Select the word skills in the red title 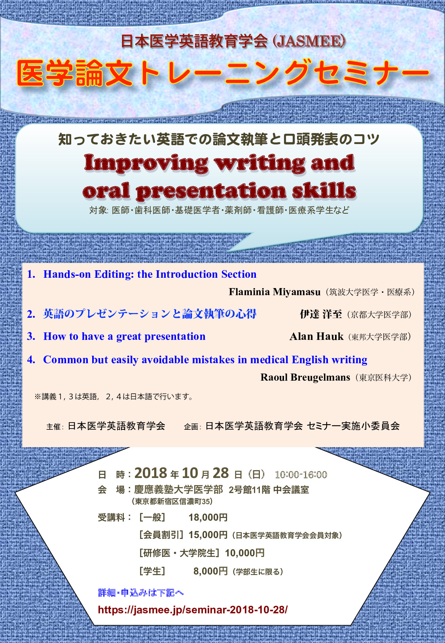pyautogui.click(x=324, y=190)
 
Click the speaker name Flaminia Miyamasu pyautogui.click(x=275, y=292)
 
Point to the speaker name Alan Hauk pyautogui.click(x=316, y=336)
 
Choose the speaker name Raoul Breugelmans pyautogui.click(x=305, y=377)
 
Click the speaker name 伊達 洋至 pyautogui.click(x=321, y=314)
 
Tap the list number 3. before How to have pyautogui.click(x=31, y=336)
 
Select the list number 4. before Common pyautogui.click(x=31, y=360)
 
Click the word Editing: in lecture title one pyautogui.click(x=114, y=275)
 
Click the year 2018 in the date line pyautogui.click(x=151, y=473)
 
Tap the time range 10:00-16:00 pyautogui.click(x=301, y=474)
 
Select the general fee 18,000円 pyautogui.click(x=208, y=517)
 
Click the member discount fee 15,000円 pyautogui.click(x=208, y=535)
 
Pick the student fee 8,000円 pyautogui.click(x=210, y=571)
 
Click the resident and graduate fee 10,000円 pyautogui.click(x=244, y=553)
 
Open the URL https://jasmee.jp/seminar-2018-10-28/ pyautogui.click(x=193, y=609)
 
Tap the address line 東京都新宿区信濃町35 pyautogui.click(x=172, y=501)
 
